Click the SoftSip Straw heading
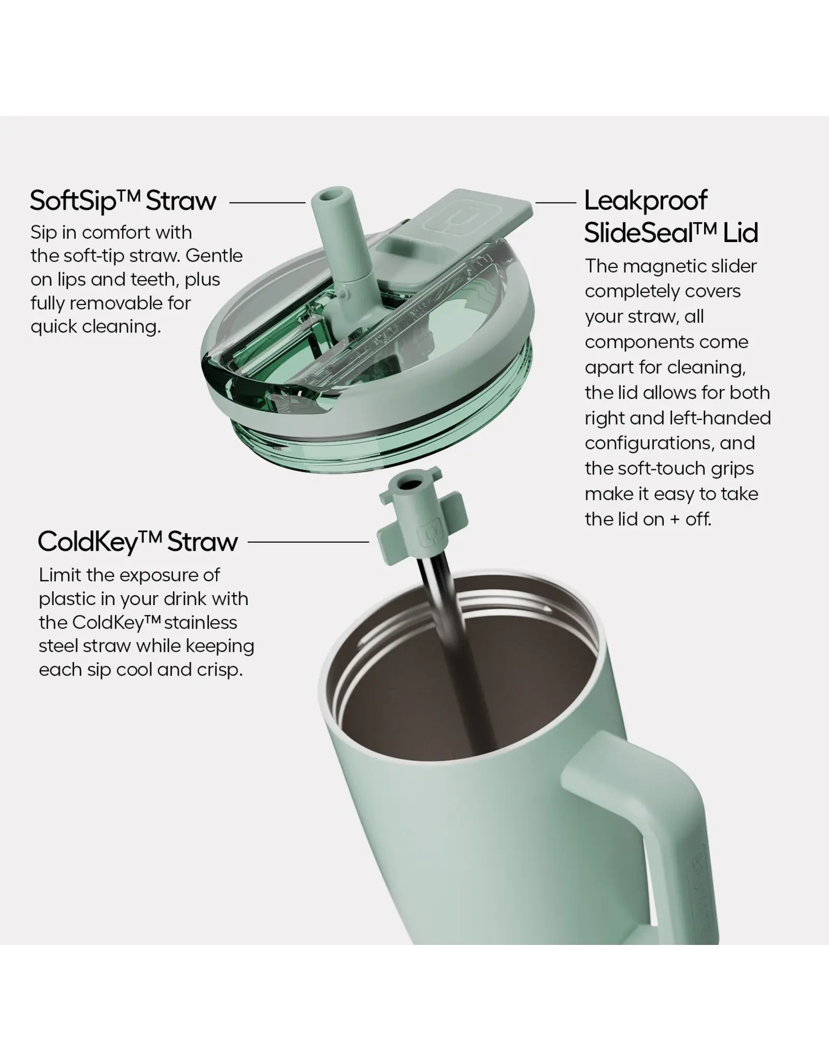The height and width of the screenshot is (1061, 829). [x=123, y=201]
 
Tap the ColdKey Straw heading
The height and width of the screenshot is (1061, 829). [x=138, y=542]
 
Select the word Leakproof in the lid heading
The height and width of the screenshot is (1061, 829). [x=646, y=201]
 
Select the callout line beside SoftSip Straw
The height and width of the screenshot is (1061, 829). [x=267, y=203]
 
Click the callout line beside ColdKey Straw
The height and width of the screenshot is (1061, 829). [x=308, y=542]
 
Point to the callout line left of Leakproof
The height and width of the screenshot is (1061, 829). [x=555, y=203]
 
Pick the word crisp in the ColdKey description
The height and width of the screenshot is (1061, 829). [x=220, y=670]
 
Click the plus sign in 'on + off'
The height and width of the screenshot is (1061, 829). [x=674, y=520]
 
